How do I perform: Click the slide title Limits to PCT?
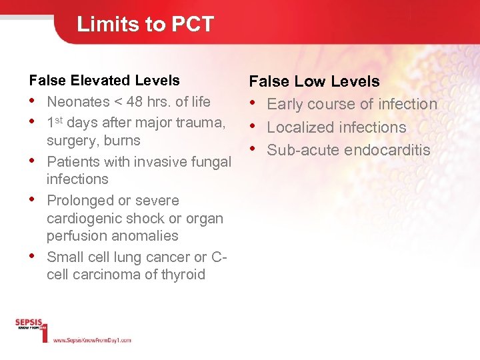pyautogui.click(x=145, y=25)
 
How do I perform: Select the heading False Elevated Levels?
pyautogui.click(x=105, y=81)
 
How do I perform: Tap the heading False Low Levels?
pyautogui.click(x=314, y=82)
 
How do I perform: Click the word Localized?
pyautogui.click(x=300, y=127)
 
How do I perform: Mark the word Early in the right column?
pyautogui.click(x=285, y=105)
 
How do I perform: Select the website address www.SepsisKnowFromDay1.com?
pyautogui.click(x=91, y=340)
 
